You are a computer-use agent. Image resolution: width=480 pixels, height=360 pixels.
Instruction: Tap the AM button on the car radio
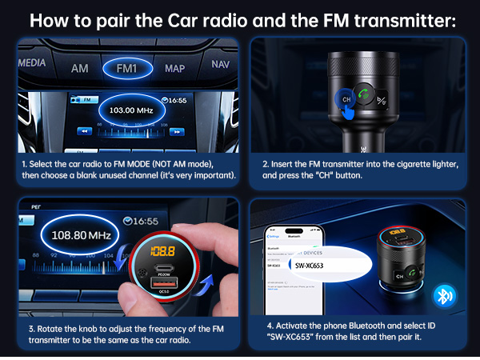79,68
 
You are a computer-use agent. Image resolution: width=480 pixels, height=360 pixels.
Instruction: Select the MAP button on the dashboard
174,68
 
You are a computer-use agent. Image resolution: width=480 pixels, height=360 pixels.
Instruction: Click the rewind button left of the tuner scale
83,131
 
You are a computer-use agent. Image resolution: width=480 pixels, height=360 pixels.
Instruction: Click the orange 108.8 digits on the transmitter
166,251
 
